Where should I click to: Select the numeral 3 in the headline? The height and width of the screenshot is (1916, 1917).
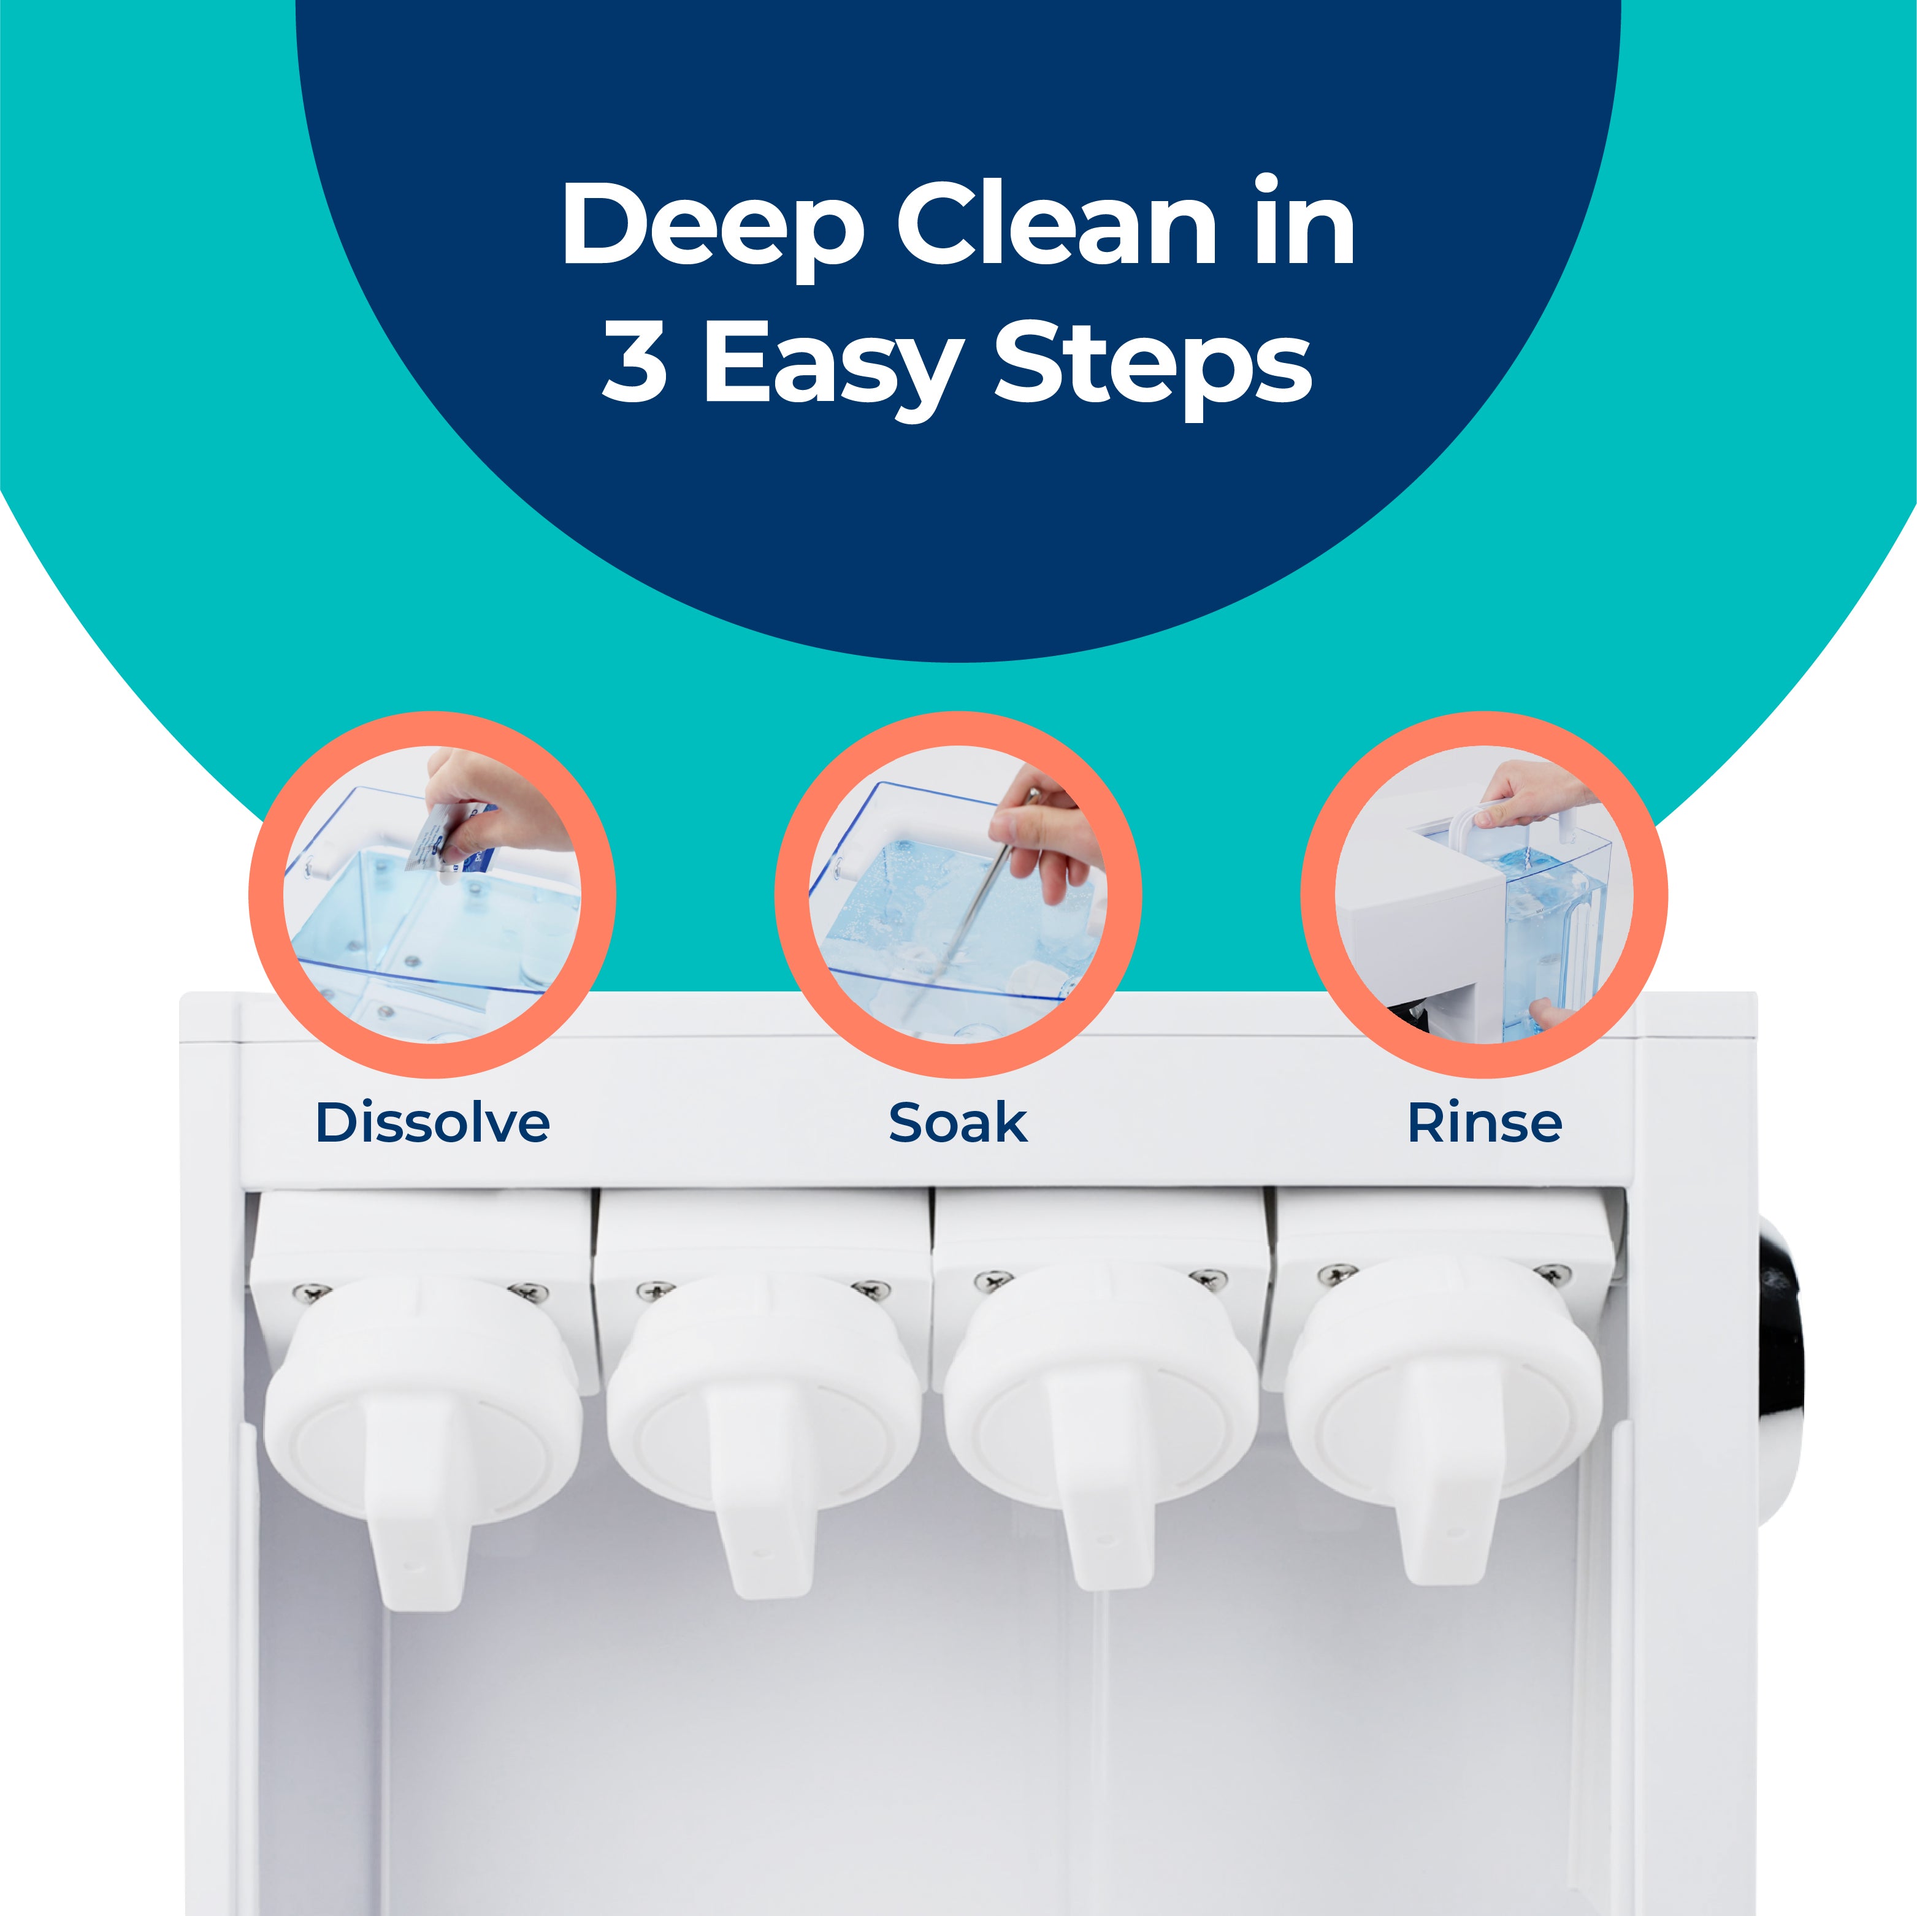pos(635,363)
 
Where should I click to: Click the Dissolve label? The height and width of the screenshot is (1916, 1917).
pos(432,1123)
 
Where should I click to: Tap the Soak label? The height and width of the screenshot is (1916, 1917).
pos(957,1123)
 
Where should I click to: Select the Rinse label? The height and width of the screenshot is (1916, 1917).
pos(1485,1123)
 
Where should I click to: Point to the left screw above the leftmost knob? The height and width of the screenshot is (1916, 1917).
pos(312,1293)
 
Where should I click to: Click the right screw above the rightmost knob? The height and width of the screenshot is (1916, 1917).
pos(1553,1273)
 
